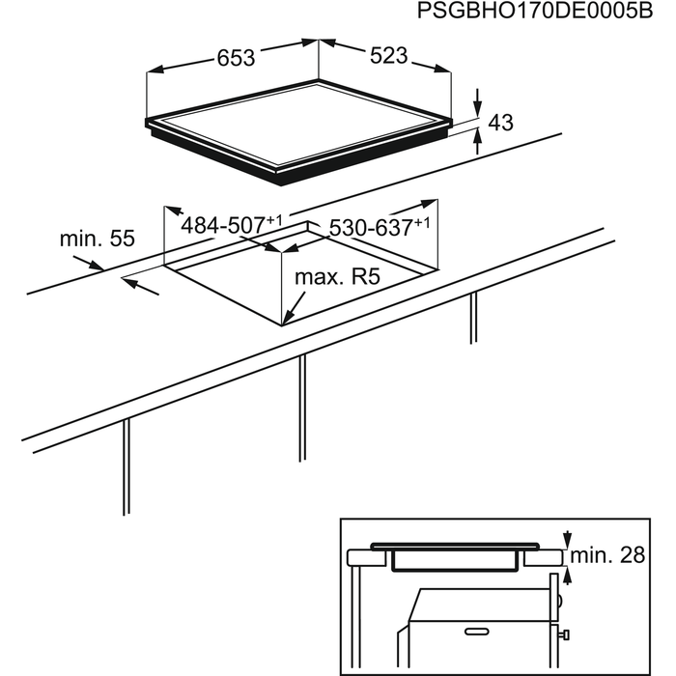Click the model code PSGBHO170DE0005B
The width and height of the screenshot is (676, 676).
[x=535, y=12]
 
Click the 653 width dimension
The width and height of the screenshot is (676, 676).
[x=236, y=58]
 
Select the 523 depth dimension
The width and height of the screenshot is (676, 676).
[x=388, y=56]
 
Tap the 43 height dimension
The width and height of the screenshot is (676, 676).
[x=500, y=123]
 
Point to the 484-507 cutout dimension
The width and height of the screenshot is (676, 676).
[x=232, y=225]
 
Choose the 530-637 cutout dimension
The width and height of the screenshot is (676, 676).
[x=380, y=227]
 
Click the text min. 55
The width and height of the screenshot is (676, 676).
[x=97, y=239]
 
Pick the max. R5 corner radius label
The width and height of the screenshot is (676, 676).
[x=337, y=277]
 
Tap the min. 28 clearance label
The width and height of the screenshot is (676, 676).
[x=607, y=555]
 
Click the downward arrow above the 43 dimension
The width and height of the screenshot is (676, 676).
[x=478, y=102]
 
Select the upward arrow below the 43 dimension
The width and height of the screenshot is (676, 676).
[x=478, y=141]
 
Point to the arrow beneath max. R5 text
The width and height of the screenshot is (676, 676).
[x=294, y=309]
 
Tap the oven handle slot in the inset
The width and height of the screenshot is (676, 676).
[x=477, y=632]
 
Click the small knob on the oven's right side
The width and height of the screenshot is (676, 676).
[x=564, y=634]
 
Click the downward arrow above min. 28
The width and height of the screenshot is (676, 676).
[x=568, y=539]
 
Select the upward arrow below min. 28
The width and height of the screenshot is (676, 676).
[x=568, y=576]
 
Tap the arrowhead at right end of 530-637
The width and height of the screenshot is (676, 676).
[x=430, y=203]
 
